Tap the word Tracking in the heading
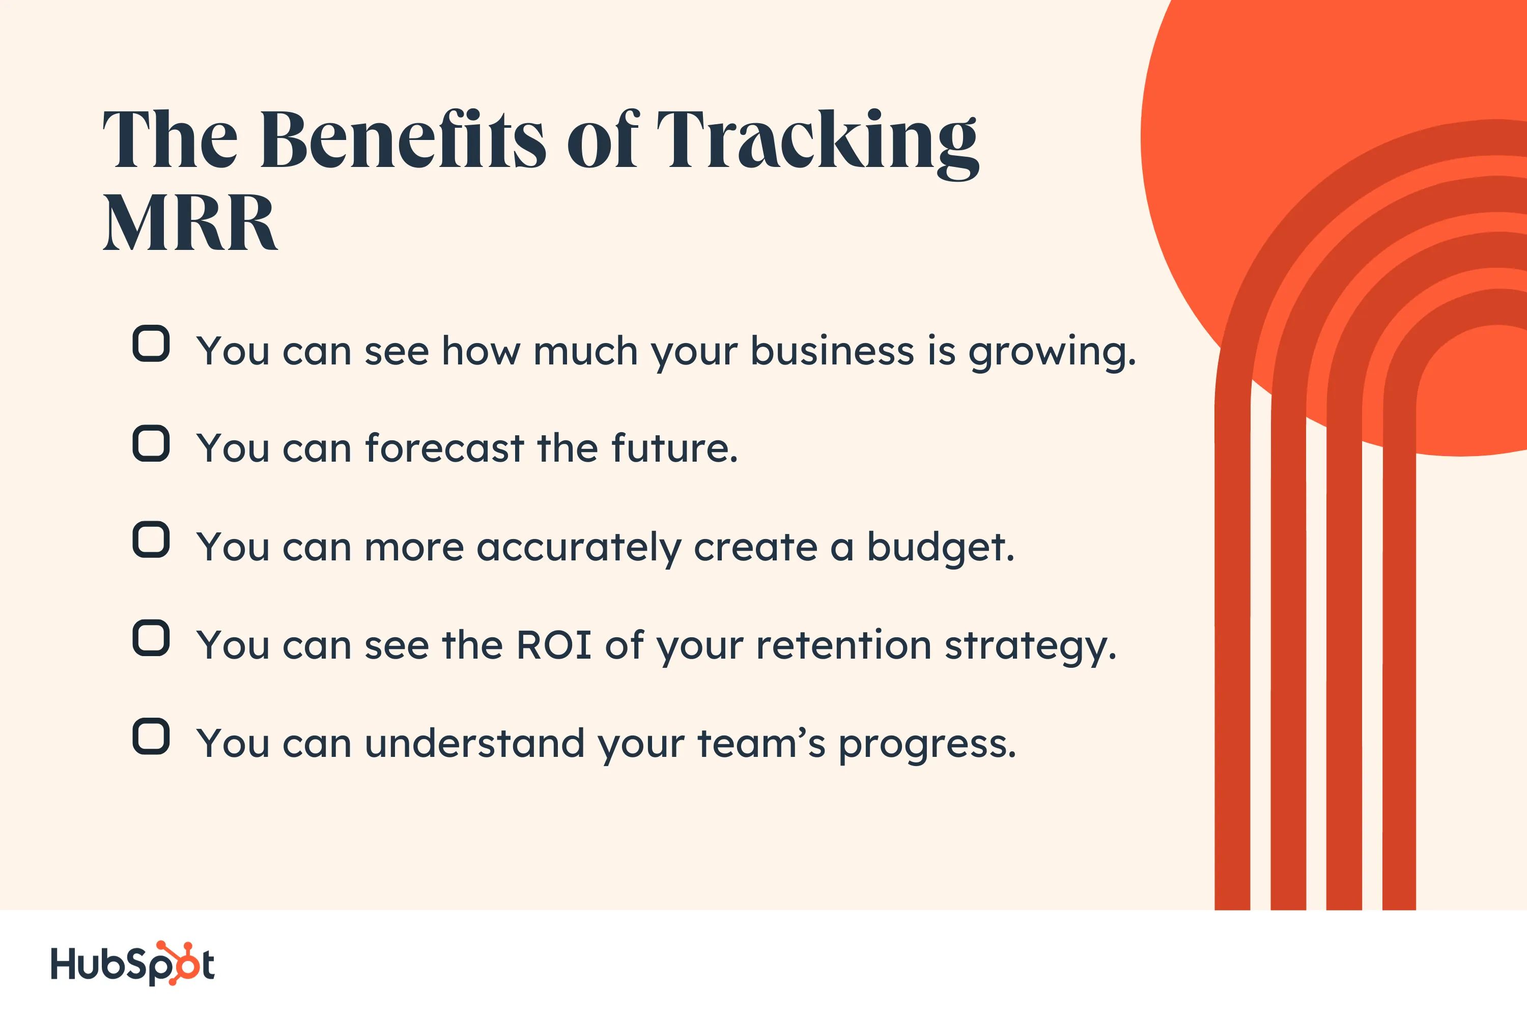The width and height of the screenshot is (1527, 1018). tap(817, 143)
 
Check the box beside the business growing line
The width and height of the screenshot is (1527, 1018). tap(151, 344)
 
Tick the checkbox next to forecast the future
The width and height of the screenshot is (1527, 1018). tap(151, 443)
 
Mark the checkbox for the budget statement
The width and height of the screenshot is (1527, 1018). tap(151, 540)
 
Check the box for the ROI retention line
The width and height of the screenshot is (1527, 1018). tap(151, 638)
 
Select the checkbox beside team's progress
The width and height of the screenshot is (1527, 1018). tap(151, 736)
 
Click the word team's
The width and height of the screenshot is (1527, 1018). tap(761, 743)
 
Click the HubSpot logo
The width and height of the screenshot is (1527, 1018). tap(133, 964)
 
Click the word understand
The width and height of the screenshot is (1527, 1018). tap(474, 743)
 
